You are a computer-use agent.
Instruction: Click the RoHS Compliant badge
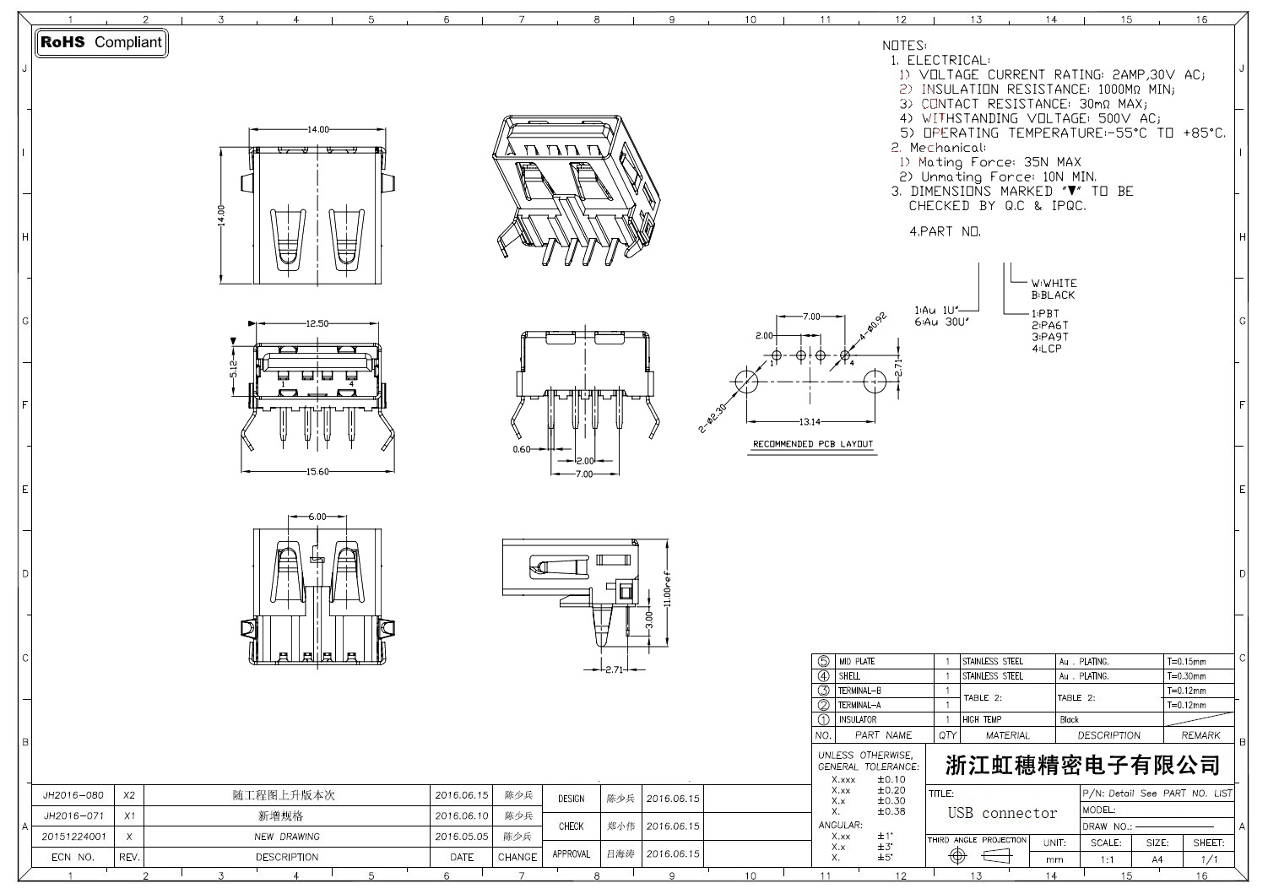[x=101, y=42]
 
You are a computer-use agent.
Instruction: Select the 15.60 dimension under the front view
[x=317, y=472]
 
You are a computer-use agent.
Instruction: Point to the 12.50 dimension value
[x=317, y=323]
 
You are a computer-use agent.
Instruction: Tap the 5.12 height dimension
[x=234, y=368]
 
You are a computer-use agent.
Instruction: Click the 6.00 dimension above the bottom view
[x=317, y=516]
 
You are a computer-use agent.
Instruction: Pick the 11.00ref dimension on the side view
[x=666, y=593]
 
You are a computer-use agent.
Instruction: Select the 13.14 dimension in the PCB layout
[x=810, y=422]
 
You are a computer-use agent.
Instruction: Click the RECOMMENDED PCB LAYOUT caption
[x=812, y=444]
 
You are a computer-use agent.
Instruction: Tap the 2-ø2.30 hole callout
[x=713, y=418]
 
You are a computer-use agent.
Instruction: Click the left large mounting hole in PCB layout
[x=746, y=381]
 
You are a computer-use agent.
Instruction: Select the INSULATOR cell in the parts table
[x=857, y=720]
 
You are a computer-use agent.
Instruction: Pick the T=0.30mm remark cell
[x=1186, y=676]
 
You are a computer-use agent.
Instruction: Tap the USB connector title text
[x=1002, y=813]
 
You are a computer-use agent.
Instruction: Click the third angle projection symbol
[x=977, y=856]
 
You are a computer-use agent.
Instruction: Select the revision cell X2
[x=129, y=795]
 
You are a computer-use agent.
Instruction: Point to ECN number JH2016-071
[x=73, y=816]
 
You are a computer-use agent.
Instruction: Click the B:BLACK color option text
[x=1053, y=295]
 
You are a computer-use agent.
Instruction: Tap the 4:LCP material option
[x=1046, y=349]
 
